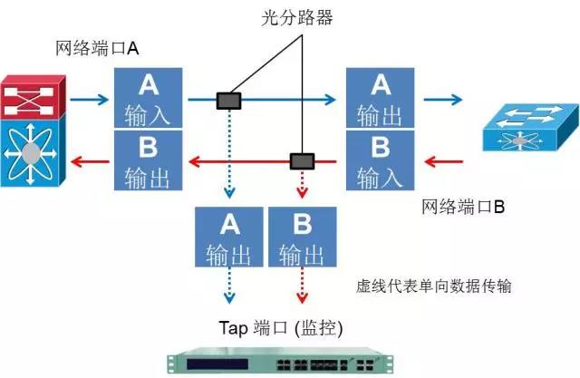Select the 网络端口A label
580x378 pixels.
coord(97,49)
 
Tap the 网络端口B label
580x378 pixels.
coord(463,208)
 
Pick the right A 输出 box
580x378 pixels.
coord(380,97)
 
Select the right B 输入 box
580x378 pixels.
coord(380,160)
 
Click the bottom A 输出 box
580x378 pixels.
coord(230,236)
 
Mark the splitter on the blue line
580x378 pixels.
coord(229,101)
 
